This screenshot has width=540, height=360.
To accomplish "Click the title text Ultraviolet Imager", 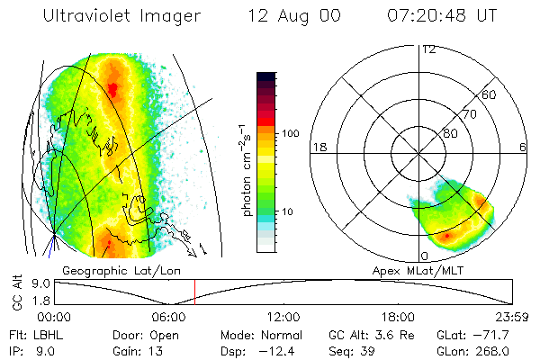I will click(x=121, y=15).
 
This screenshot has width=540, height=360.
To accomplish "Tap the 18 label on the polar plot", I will click(x=318, y=147).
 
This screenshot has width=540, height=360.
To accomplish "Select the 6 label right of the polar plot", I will click(x=522, y=147).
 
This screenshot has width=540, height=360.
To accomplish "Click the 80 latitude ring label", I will click(x=449, y=133).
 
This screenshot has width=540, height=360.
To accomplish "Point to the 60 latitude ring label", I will click(x=490, y=94).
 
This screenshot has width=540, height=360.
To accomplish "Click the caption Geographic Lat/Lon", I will click(x=108, y=269).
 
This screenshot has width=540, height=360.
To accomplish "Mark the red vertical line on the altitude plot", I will click(x=195, y=292).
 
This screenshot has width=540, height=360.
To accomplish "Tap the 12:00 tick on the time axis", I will click(x=284, y=316).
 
